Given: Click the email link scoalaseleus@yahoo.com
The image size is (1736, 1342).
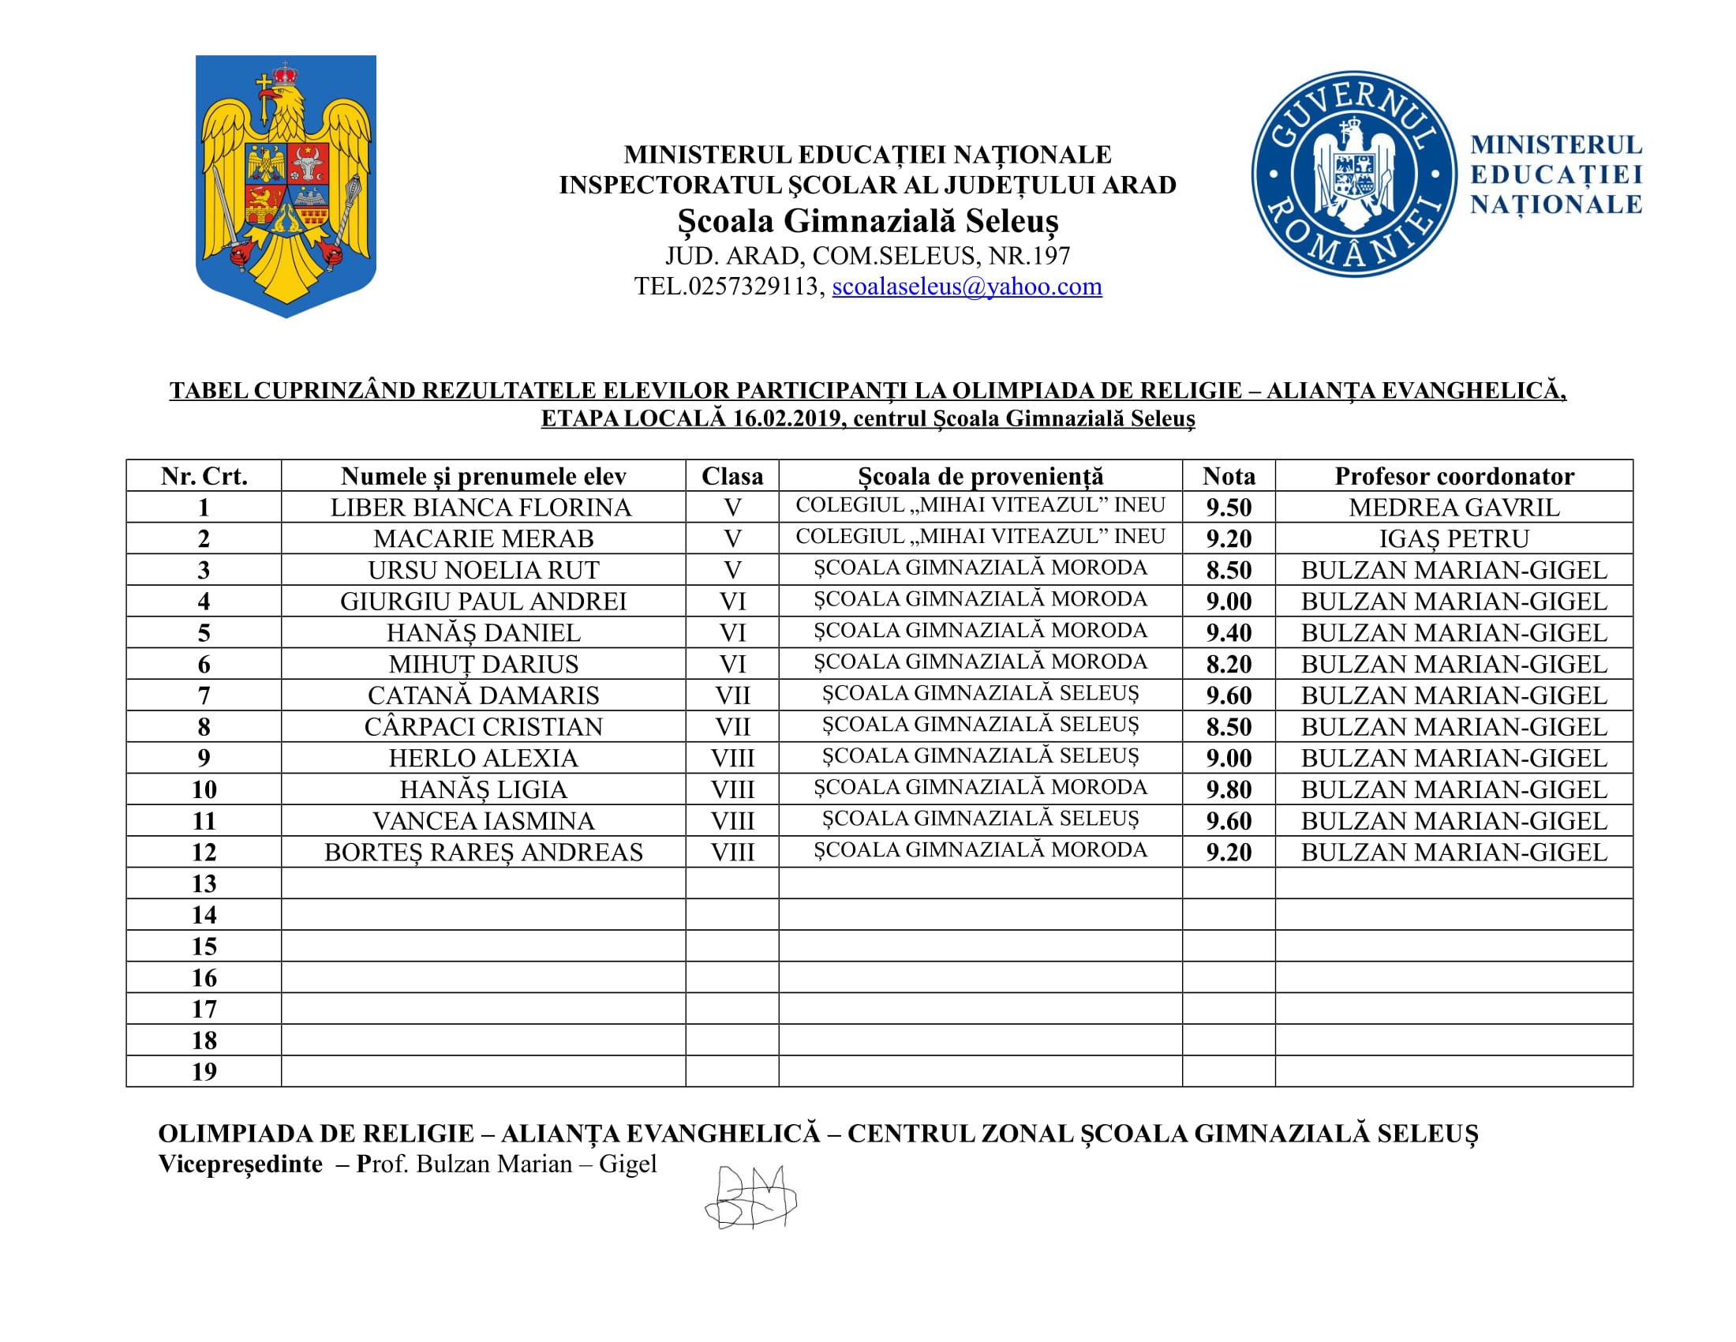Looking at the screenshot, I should [967, 287].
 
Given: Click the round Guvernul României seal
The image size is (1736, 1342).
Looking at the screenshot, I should [1353, 174].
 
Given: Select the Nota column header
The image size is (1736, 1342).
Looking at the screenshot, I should [1228, 476].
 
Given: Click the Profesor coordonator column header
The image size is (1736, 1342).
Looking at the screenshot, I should [1454, 476].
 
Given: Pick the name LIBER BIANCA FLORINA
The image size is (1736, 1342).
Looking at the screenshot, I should [481, 508].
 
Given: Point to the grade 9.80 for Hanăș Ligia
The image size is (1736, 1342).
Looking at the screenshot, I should [1228, 789].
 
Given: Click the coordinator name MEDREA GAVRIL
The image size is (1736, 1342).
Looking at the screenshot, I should [1454, 508].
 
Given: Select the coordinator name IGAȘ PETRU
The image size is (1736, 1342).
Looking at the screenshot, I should [1454, 539].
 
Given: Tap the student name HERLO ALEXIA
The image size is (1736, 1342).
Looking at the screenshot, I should [483, 759].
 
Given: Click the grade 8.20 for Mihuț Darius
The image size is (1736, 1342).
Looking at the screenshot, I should [1228, 664].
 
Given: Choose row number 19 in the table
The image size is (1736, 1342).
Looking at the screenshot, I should [204, 1072].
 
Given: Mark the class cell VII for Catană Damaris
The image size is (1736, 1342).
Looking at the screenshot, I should [732, 695].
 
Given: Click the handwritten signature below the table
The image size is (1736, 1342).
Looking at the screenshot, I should [750, 1198].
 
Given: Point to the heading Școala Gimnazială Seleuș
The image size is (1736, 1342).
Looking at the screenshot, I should [868, 221].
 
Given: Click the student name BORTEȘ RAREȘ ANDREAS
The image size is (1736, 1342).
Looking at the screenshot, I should [483, 853].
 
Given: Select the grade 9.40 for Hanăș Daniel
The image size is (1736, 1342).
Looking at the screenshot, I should [1228, 633].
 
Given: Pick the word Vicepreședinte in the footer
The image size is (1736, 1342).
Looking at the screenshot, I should [240, 1164].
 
